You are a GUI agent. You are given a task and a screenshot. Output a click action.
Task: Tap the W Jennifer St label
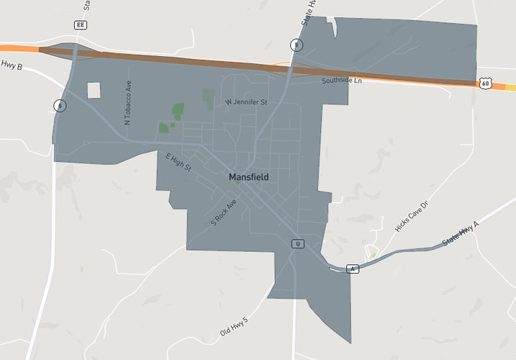point(246,102)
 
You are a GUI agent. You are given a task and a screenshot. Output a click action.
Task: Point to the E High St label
point(178,162)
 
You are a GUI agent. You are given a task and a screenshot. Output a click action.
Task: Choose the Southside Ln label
point(341,80)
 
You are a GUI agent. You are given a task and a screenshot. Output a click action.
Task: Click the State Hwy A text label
point(461,234)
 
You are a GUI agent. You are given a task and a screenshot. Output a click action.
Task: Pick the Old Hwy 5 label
point(234,328)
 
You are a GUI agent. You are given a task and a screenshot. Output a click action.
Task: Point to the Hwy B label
point(12,65)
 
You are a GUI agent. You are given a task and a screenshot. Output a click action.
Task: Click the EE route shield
point(81,24)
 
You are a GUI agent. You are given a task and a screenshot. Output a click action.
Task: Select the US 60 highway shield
point(486,84)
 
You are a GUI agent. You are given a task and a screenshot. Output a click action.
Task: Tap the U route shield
point(297,244)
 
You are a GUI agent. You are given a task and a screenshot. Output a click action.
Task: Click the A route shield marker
point(353,269)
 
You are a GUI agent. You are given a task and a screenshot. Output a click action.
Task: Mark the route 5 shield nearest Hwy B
point(60,106)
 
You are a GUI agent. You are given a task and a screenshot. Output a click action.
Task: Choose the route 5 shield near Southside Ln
point(296,45)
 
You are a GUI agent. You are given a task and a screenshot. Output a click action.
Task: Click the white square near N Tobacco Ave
point(94,90)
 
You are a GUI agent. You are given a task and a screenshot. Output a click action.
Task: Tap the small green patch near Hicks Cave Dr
point(373,256)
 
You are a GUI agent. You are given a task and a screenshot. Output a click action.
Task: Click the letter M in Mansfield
point(232,176)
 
